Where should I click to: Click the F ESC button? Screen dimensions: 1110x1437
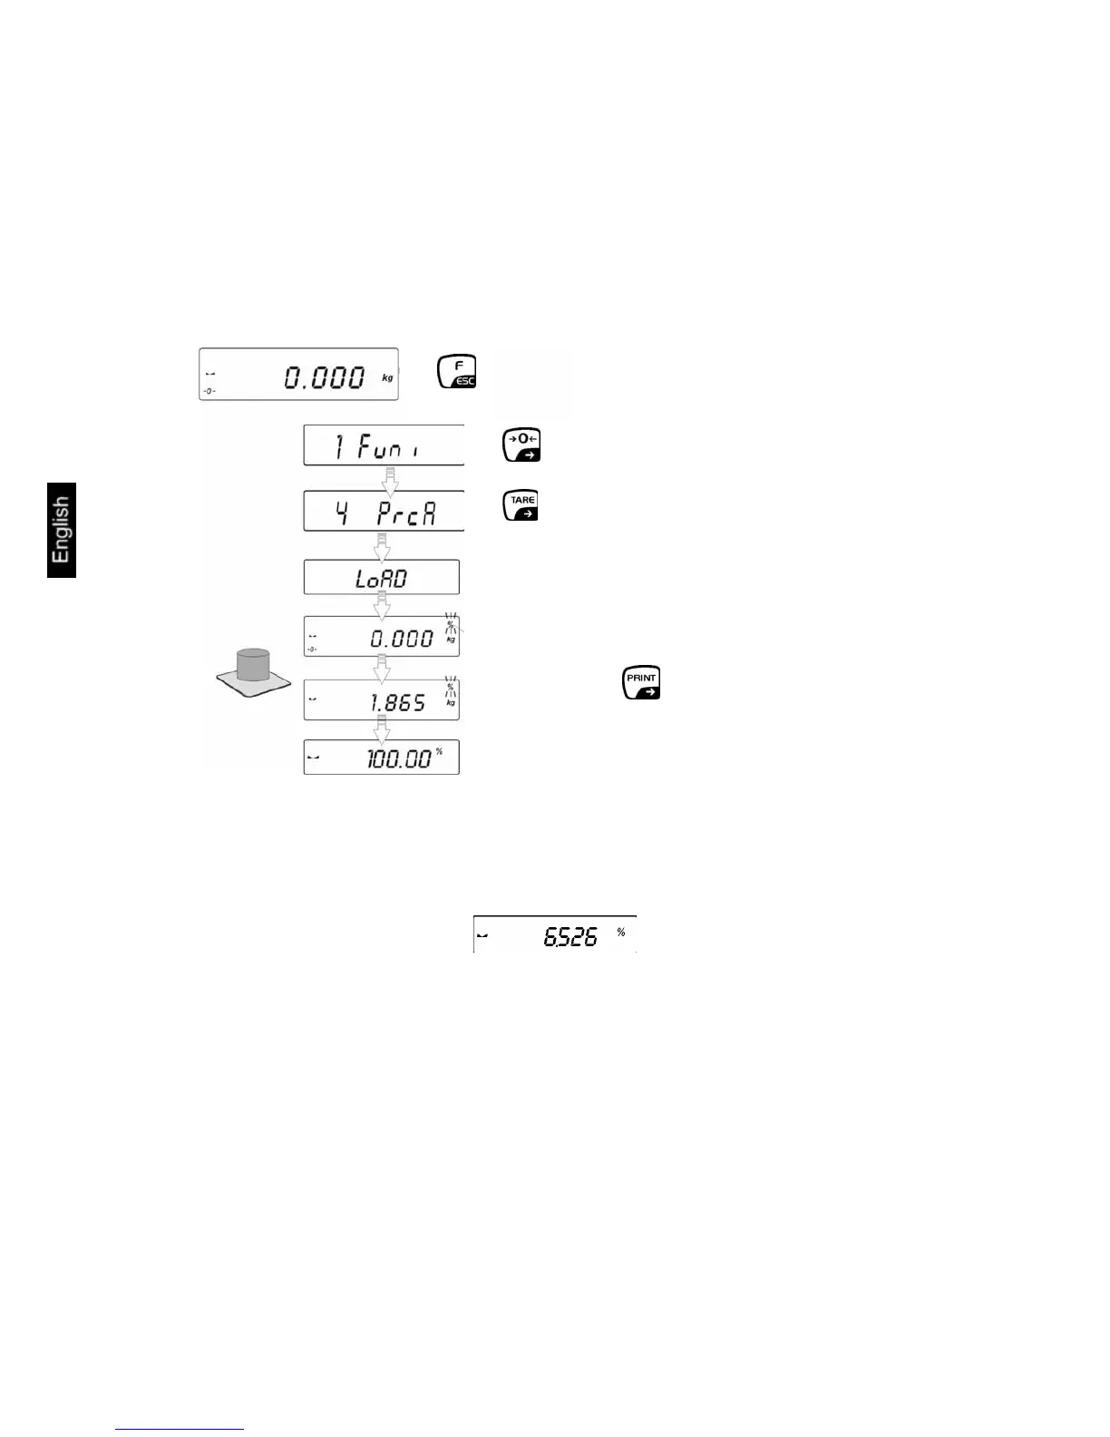coord(457,372)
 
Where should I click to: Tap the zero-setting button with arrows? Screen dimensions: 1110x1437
coord(521,445)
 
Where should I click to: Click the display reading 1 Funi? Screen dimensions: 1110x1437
coord(384,445)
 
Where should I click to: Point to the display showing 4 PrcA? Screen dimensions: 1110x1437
coord(384,511)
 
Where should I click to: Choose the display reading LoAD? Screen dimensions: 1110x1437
coord(382,577)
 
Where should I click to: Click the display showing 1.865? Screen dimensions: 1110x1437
coord(382,699)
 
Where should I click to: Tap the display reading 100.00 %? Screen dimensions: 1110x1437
coord(382,758)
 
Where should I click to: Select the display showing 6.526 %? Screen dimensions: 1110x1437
coord(555,934)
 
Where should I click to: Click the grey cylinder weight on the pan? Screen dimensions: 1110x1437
coord(253,665)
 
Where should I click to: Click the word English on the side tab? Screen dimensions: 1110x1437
coord(61,530)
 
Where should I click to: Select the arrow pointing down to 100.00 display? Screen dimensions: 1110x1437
coord(383,729)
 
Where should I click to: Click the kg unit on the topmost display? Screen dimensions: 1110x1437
coord(388,377)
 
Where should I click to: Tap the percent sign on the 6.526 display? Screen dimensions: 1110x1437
coord(621,932)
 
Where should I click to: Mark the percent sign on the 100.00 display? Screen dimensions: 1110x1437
coord(440,751)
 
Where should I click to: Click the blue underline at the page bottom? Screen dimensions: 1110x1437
coord(180,1429)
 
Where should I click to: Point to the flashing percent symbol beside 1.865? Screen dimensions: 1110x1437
coord(450,687)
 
